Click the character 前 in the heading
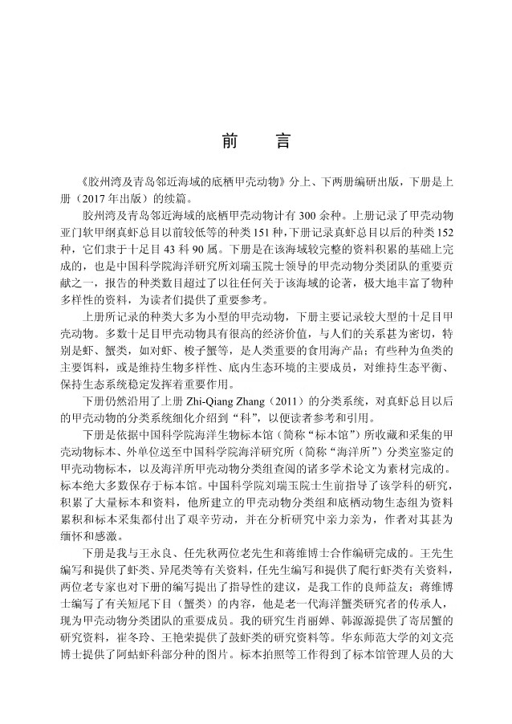[226, 141]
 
